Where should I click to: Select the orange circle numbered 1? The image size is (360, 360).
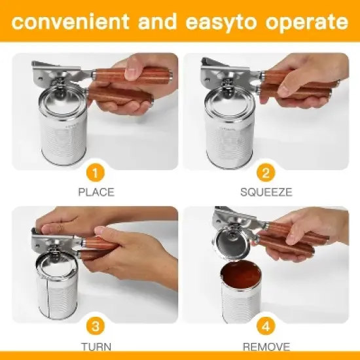pyautogui.click(x=96, y=173)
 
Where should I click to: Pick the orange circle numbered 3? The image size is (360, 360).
pyautogui.click(x=96, y=327)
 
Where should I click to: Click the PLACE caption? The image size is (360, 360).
pyautogui.click(x=96, y=192)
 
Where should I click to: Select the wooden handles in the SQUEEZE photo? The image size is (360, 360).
pyautogui.click(x=298, y=88)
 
